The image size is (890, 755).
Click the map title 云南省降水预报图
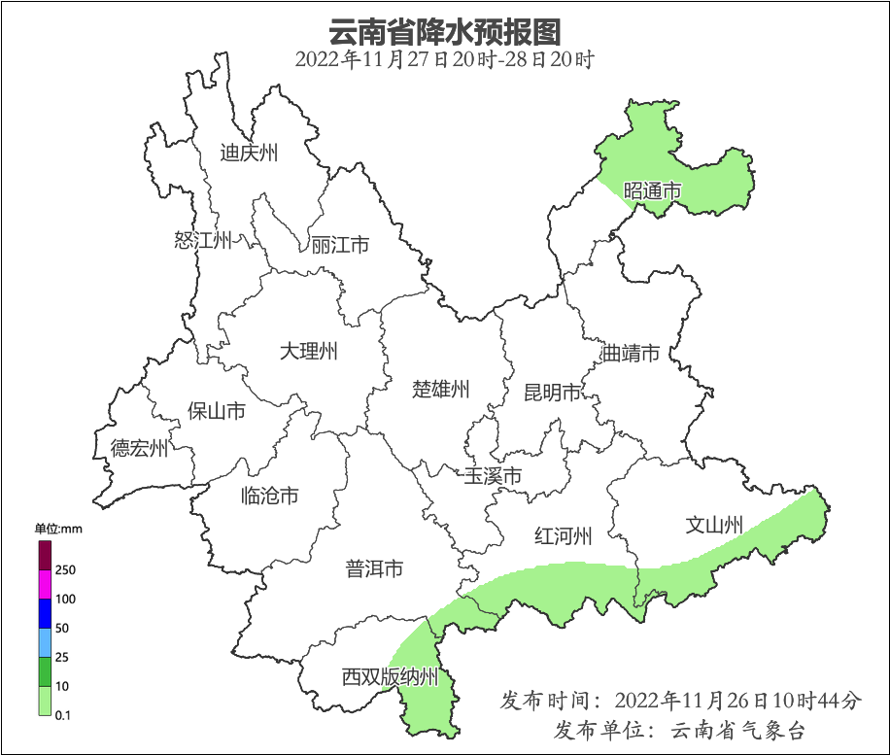pos(444,31)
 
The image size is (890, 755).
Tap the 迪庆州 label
pos(249,153)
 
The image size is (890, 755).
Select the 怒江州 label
pos(203,240)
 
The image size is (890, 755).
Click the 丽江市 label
pos(340,245)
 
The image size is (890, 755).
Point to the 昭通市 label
pos(652,190)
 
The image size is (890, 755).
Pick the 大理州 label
pos(308,351)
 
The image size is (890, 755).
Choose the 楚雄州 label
pos(441,390)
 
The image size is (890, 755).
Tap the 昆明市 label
pos(552,393)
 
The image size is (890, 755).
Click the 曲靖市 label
pos(631,353)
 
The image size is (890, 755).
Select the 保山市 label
pos(216,411)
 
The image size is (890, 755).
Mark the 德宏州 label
pos(139,448)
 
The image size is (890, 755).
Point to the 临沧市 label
pos(269,497)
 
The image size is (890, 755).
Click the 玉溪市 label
pos(493,476)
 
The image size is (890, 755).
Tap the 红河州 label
pos(564,535)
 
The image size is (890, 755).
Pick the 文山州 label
pos(714,526)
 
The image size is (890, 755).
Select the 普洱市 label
pos(374,569)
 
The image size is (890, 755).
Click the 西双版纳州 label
pos(391,677)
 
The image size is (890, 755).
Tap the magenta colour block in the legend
pos(45,584)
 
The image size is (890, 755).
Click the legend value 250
pos(66,569)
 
